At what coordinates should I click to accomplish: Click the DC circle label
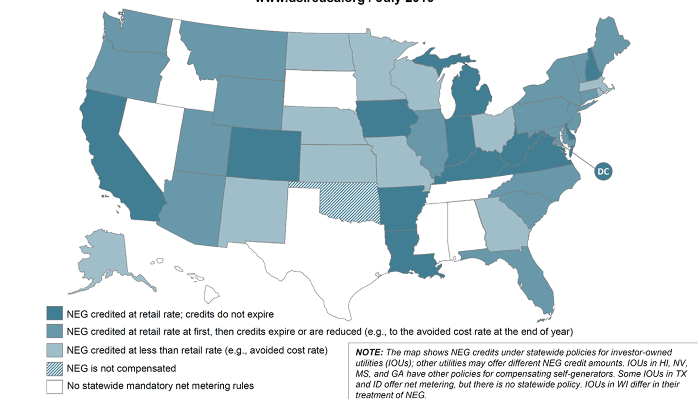click(x=603, y=171)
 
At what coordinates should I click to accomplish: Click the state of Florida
click(x=533, y=282)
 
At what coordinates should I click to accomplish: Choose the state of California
click(x=117, y=161)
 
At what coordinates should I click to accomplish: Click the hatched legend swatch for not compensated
click(x=54, y=368)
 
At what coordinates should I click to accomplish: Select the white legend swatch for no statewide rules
click(x=54, y=386)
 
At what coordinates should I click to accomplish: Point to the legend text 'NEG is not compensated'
click(x=121, y=369)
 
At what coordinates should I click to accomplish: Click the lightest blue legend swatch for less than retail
click(x=54, y=350)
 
